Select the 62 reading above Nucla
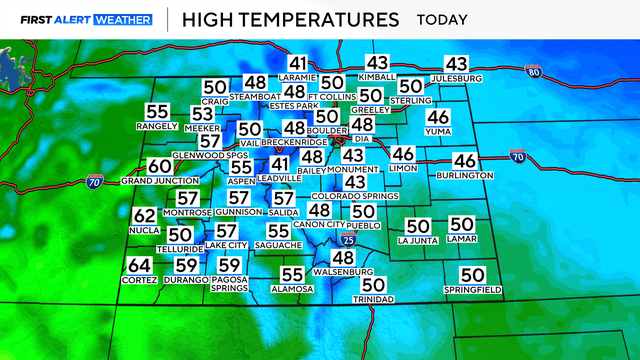click(144, 216)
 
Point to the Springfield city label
click(472, 290)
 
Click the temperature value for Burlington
click(465, 160)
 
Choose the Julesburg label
click(456, 78)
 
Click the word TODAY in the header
click(446, 19)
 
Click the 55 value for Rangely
click(157, 112)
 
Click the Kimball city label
click(377, 76)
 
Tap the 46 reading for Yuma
click(438, 116)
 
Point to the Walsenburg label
click(343, 273)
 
